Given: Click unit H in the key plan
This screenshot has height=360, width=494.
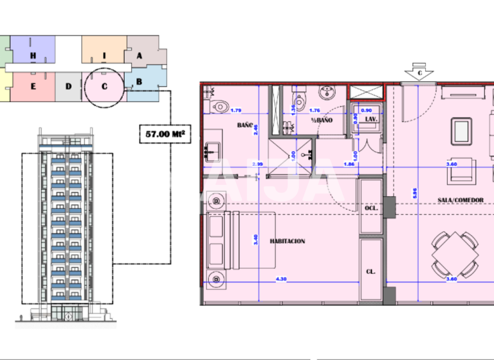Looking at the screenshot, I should pos(33,55).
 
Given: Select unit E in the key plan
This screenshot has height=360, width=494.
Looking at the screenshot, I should pos(33,86).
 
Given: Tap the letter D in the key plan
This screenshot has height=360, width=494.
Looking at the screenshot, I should pos(68,85).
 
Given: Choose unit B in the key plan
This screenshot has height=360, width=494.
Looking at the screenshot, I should pos(139,82).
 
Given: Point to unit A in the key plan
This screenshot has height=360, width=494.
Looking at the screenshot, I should pos(140,55).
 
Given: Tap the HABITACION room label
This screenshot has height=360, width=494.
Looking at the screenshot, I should pos(288,241).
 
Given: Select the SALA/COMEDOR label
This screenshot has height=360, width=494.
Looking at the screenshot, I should pos(460,200).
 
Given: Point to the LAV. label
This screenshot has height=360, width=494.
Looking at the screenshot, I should pos(370,120).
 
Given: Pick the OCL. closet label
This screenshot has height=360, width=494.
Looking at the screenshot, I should pos(370,209).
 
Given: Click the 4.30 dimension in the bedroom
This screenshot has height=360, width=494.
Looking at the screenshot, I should pos(281,279).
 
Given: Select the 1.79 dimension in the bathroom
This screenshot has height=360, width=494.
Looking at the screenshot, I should pos(235,109).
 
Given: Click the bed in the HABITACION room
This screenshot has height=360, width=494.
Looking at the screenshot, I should pos(241,241).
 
